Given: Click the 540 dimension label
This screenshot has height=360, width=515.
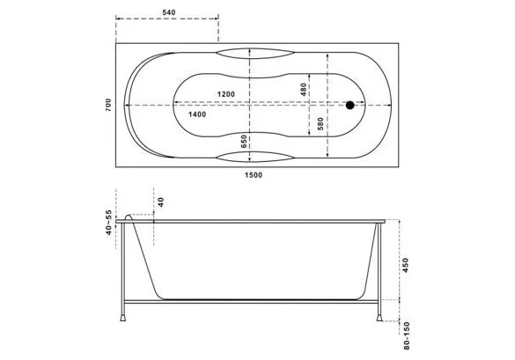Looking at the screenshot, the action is coord(169,12).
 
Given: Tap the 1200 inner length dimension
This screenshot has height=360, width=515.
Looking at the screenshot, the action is coord(226,94).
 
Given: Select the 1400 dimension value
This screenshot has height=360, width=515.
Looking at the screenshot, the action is coord(197,114).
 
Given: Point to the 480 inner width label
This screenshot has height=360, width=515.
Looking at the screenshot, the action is coord(303,90).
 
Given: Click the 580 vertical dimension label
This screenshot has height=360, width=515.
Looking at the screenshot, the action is coord(320,123).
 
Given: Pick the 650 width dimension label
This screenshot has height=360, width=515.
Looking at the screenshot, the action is coord(244,141).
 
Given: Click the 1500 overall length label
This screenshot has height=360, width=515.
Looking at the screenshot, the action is coord(254,175).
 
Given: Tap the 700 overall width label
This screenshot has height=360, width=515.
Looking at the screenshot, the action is coord(108,105).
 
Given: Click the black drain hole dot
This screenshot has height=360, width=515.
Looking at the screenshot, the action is coord(350,105).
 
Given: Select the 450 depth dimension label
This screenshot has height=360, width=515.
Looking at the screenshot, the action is coord(406,265).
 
